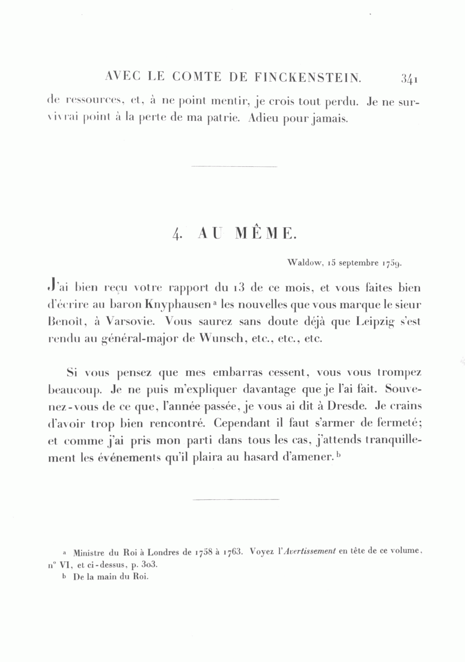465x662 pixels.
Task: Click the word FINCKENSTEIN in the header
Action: click(x=308, y=78)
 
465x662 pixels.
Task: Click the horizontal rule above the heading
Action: click(x=234, y=167)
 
